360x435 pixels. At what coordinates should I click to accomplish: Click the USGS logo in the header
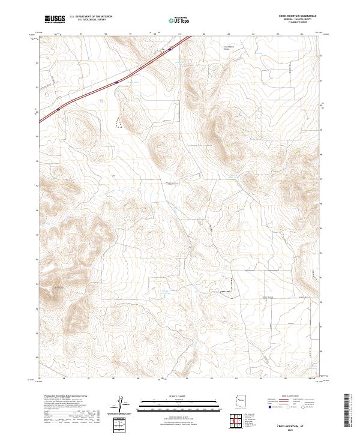coord(54,19)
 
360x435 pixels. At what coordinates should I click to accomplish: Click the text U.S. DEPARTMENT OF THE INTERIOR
coord(91,17)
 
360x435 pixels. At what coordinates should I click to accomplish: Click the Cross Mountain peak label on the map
coord(59,289)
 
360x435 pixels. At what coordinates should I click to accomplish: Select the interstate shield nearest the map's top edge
coord(170,50)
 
